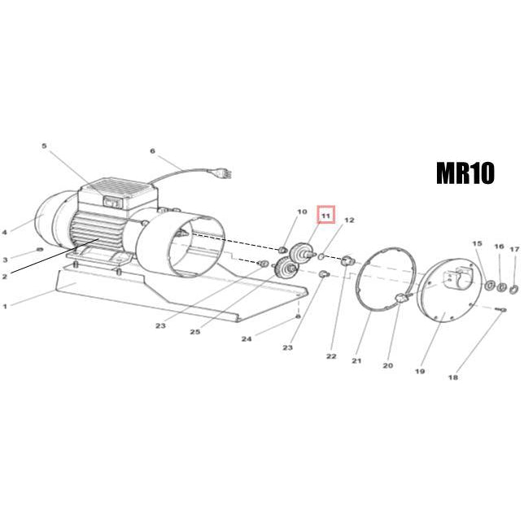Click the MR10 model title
point(465,173)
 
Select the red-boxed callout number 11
point(325,215)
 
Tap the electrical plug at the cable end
point(224,174)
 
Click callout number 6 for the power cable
point(152,151)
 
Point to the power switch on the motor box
point(111,202)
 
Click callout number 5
point(45,146)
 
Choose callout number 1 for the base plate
point(5,306)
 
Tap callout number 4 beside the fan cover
point(5,232)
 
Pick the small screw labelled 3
point(40,249)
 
